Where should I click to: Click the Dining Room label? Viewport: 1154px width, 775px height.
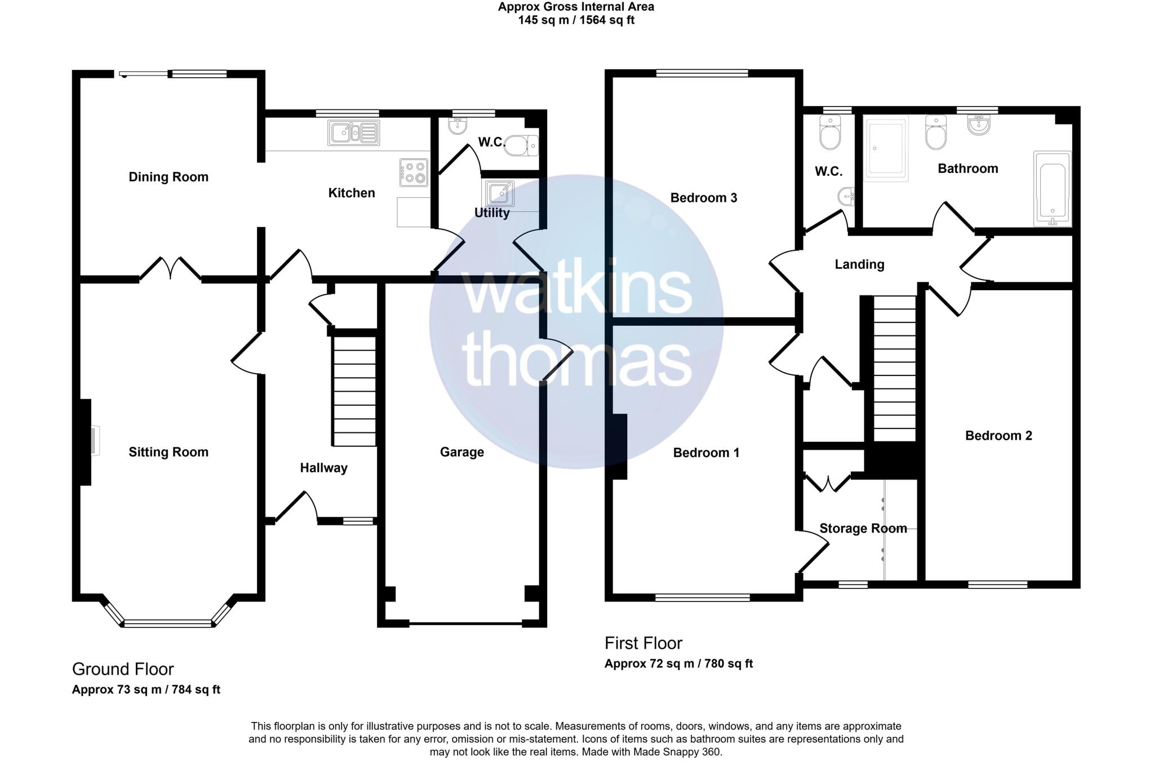(x=168, y=177)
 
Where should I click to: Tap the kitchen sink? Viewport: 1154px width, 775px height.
(x=353, y=133)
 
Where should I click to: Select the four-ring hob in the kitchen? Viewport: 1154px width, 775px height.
(x=414, y=172)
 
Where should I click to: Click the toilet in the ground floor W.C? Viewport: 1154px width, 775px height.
(x=521, y=147)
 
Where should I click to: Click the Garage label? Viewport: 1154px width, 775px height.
(x=461, y=452)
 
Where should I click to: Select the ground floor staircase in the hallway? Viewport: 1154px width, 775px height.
(x=354, y=391)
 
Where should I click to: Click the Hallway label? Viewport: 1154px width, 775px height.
(x=323, y=468)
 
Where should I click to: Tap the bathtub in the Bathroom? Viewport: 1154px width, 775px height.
(x=1052, y=189)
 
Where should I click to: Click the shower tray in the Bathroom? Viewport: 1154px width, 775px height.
(x=886, y=149)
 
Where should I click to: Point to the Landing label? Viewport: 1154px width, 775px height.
(x=859, y=264)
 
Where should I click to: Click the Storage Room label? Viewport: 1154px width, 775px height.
(x=863, y=529)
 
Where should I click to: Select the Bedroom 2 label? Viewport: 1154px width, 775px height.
(x=998, y=436)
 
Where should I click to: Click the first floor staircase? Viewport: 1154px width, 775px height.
(x=894, y=369)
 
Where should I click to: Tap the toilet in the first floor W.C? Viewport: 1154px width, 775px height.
(x=830, y=133)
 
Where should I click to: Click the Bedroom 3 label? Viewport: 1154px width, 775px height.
(x=703, y=198)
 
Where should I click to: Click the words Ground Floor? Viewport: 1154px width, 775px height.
(x=123, y=669)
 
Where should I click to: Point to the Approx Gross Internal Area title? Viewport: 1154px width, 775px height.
(x=576, y=7)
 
